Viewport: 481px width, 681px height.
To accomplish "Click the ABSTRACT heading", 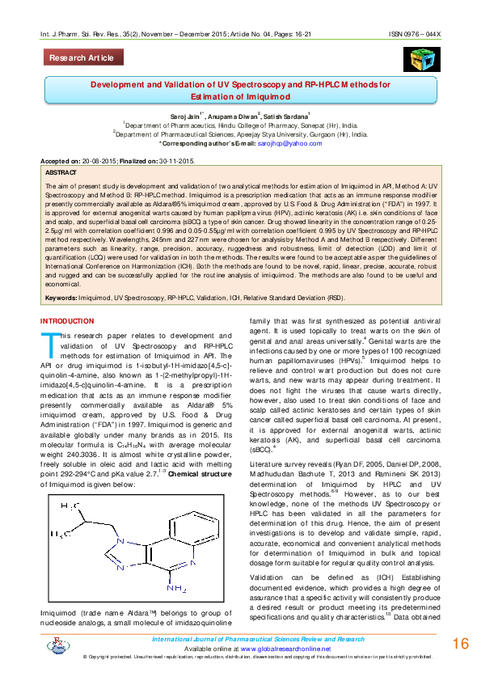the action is coord(61,173).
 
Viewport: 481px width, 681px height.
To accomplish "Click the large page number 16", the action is coord(461,644).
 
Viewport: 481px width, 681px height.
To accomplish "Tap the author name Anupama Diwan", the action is coord(234,117).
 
